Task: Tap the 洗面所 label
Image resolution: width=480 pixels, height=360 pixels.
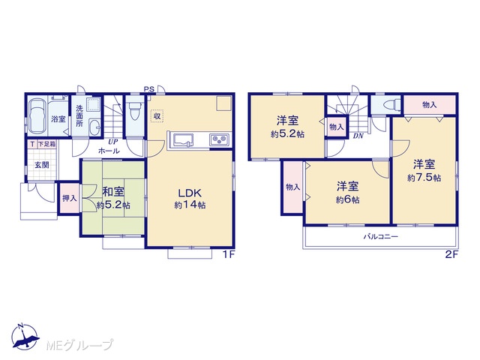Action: (x=79, y=115)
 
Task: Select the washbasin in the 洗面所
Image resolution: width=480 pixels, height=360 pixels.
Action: (x=94, y=127)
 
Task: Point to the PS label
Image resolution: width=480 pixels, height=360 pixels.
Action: (x=149, y=89)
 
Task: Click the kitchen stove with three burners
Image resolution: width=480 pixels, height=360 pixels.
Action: (x=220, y=139)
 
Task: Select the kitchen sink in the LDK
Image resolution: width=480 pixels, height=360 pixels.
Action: (x=182, y=139)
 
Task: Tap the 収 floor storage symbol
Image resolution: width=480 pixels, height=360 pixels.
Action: (x=157, y=116)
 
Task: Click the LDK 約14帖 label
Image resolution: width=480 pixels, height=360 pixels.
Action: (x=190, y=198)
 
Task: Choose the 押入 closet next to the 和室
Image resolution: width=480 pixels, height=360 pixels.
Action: (x=70, y=198)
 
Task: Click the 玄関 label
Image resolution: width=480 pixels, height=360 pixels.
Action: (x=42, y=165)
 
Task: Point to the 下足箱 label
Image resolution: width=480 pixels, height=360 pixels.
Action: (x=46, y=144)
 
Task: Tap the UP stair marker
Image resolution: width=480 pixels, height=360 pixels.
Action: (x=113, y=142)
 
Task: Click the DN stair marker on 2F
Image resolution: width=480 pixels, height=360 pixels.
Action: (x=358, y=136)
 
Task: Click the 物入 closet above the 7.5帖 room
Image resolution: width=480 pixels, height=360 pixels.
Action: (x=430, y=105)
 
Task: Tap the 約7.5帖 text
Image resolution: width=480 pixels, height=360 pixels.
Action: (x=424, y=178)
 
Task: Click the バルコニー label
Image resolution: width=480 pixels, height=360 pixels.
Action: (x=380, y=237)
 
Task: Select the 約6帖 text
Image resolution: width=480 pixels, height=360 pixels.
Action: (x=347, y=200)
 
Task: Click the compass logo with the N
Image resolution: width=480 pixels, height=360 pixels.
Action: (x=25, y=336)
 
